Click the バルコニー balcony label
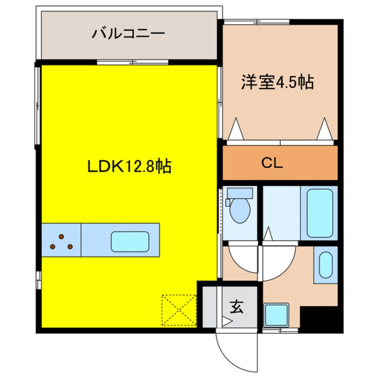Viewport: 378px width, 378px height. (128, 34)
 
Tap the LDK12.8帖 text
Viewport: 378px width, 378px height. (129, 167)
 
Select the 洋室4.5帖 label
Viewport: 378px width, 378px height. (277, 83)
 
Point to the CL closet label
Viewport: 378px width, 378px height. (272, 163)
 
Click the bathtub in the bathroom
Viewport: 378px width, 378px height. (320, 213)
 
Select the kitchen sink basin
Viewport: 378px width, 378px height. (130, 241)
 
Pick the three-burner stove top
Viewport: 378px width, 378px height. (61, 241)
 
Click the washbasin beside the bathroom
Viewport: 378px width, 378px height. (325, 265)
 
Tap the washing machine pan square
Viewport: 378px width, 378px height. (276, 315)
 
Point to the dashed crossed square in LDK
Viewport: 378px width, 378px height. (179, 309)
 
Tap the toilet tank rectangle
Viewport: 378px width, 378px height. (240, 193)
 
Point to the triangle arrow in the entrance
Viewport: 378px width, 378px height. (227, 321)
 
